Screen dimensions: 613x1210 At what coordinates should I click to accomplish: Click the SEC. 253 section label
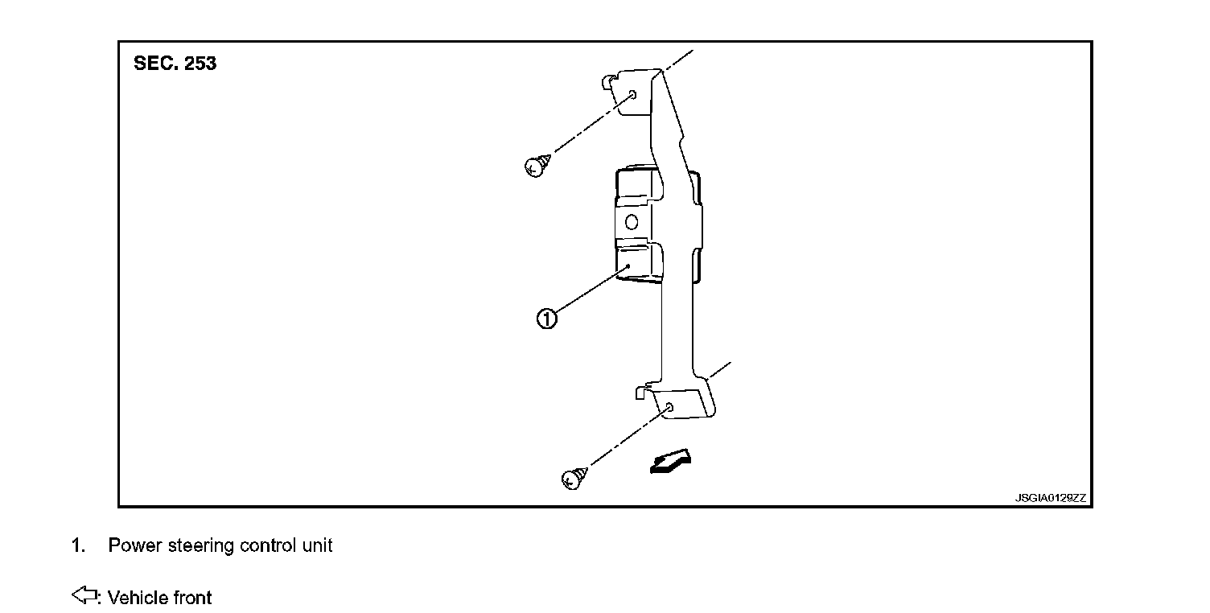175,64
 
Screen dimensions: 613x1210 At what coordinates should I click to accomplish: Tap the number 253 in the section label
200,64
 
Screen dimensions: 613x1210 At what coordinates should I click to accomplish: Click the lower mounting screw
572,478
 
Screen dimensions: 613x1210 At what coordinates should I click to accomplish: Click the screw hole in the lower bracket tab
669,409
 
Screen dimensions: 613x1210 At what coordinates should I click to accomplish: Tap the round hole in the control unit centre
632,222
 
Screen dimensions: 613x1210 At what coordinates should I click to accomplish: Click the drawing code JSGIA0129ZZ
1050,498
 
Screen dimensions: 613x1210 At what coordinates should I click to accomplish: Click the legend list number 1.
77,545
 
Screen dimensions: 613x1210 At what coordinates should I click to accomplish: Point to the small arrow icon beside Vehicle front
84,596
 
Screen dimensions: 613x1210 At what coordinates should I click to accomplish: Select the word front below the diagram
191,598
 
